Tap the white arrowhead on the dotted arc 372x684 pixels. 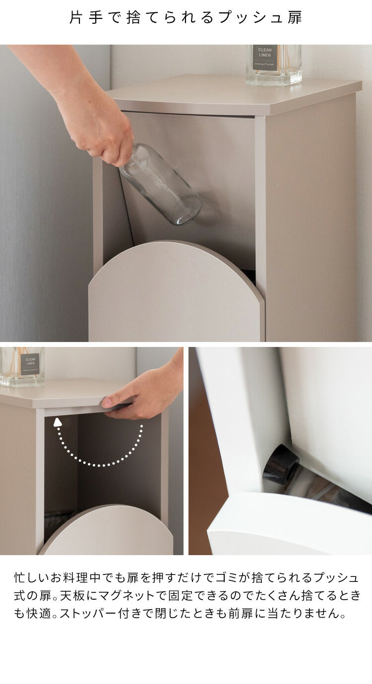[58, 422]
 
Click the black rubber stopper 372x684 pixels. [281, 465]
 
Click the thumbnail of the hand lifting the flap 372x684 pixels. [92, 451]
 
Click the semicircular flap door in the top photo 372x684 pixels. [177, 291]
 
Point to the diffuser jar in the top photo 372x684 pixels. [274, 64]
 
